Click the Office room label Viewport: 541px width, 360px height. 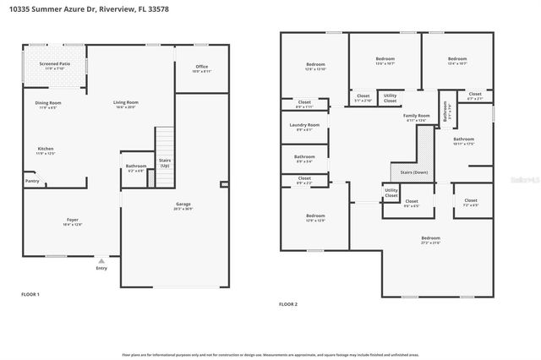[201, 68]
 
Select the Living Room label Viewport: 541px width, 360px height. [126, 104]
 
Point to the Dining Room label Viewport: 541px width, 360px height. [48, 104]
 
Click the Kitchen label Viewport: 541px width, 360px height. [45, 150]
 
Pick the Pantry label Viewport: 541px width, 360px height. [32, 180]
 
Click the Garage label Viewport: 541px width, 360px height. [183, 206]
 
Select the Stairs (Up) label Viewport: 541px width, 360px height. [164, 162]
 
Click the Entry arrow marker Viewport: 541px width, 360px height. [101, 261]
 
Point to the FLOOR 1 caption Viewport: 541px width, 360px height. [30, 294]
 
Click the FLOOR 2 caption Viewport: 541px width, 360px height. [289, 303]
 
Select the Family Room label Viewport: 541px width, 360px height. [416, 117]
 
